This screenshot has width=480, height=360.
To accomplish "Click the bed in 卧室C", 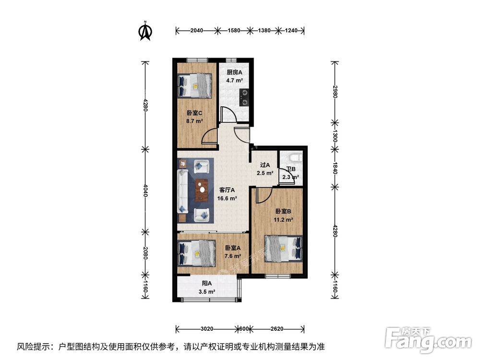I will [x=195, y=85].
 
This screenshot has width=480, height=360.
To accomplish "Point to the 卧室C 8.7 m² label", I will [x=194, y=118].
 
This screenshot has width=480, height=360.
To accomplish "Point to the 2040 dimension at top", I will [x=196, y=31].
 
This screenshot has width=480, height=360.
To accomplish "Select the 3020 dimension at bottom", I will [x=207, y=329].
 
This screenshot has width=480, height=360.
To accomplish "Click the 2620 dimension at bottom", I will [x=276, y=329].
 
